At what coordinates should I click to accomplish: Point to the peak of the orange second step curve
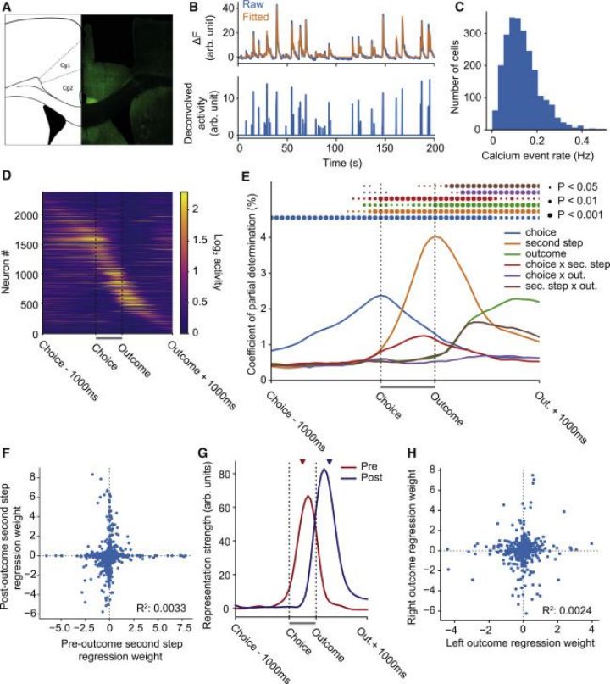pos(435,237)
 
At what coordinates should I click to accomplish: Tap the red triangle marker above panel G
pos(301,462)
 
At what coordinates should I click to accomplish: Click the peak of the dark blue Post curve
pos(324,470)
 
